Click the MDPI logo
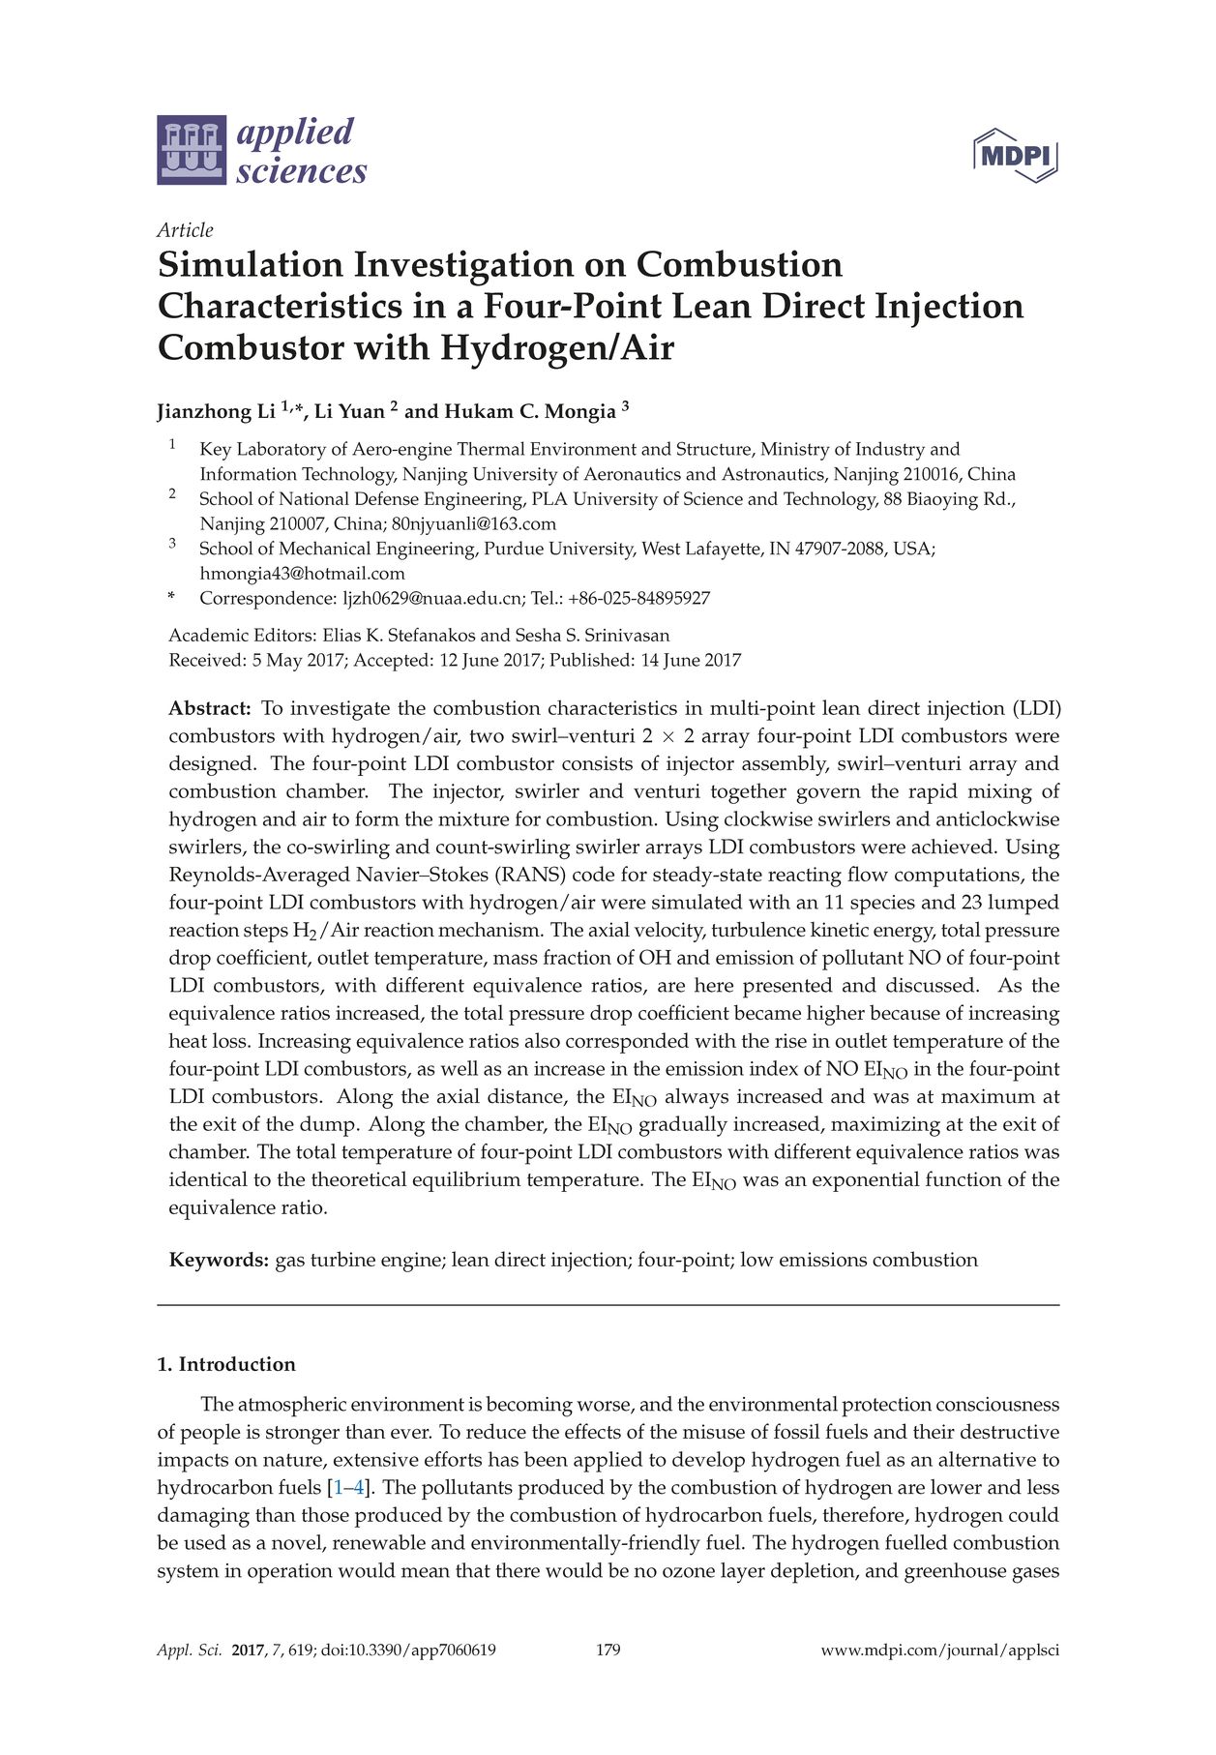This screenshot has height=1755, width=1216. click(x=1015, y=155)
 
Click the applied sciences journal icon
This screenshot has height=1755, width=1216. click(x=192, y=150)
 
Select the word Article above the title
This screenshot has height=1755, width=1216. click(x=185, y=230)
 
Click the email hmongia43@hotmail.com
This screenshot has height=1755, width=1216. click(x=302, y=574)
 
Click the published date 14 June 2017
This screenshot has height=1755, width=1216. click(x=691, y=661)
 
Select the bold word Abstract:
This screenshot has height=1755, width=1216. click(x=210, y=709)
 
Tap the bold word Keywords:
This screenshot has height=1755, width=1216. click(x=219, y=1261)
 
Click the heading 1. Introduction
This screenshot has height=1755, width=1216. click(x=226, y=1365)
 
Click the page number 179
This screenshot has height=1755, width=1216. click(x=608, y=1651)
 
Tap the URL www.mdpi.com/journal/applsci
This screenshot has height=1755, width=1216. click(x=939, y=1651)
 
